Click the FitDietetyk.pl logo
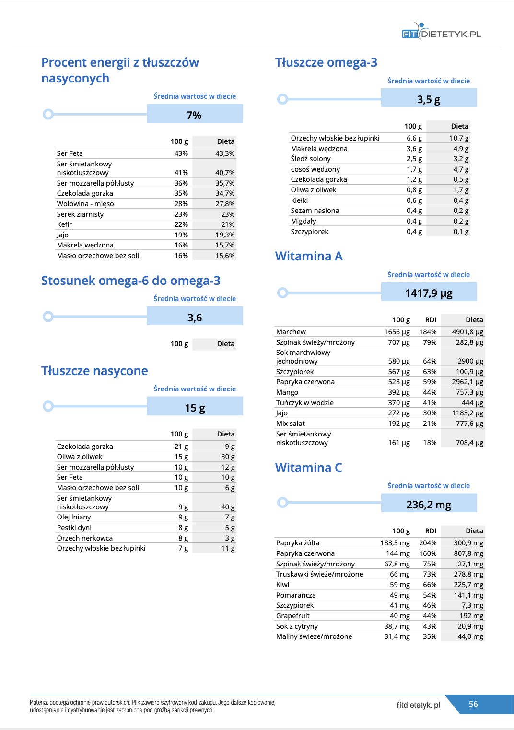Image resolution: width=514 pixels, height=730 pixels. point(441,33)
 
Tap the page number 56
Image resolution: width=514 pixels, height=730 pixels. point(473,704)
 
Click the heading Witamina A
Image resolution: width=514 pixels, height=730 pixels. point(309,256)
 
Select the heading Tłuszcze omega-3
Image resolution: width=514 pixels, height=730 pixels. point(326,62)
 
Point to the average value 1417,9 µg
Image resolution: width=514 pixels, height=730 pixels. point(429,293)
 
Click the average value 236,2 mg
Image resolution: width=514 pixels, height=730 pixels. point(429,505)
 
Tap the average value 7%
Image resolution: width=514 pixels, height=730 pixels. point(194,115)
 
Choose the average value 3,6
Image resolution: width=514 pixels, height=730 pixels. point(195,318)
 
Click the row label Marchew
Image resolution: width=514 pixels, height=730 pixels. point(291,332)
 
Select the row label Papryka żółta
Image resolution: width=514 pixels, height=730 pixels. point(298,543)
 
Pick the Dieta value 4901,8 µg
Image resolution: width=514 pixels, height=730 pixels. point(467,332)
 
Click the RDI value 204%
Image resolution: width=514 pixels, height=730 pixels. point(428,543)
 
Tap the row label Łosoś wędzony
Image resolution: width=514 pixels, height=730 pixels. point(315,169)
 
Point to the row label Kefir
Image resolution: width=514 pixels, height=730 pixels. point(64,224)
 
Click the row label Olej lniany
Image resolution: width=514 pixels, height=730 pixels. point(74,517)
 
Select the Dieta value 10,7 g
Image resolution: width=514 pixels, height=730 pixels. point(459,138)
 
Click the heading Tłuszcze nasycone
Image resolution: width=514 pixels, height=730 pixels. point(94,371)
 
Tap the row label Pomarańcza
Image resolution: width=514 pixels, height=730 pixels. point(296,595)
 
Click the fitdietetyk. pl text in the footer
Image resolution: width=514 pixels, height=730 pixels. point(419,705)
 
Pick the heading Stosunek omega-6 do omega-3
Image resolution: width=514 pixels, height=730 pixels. point(131,281)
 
